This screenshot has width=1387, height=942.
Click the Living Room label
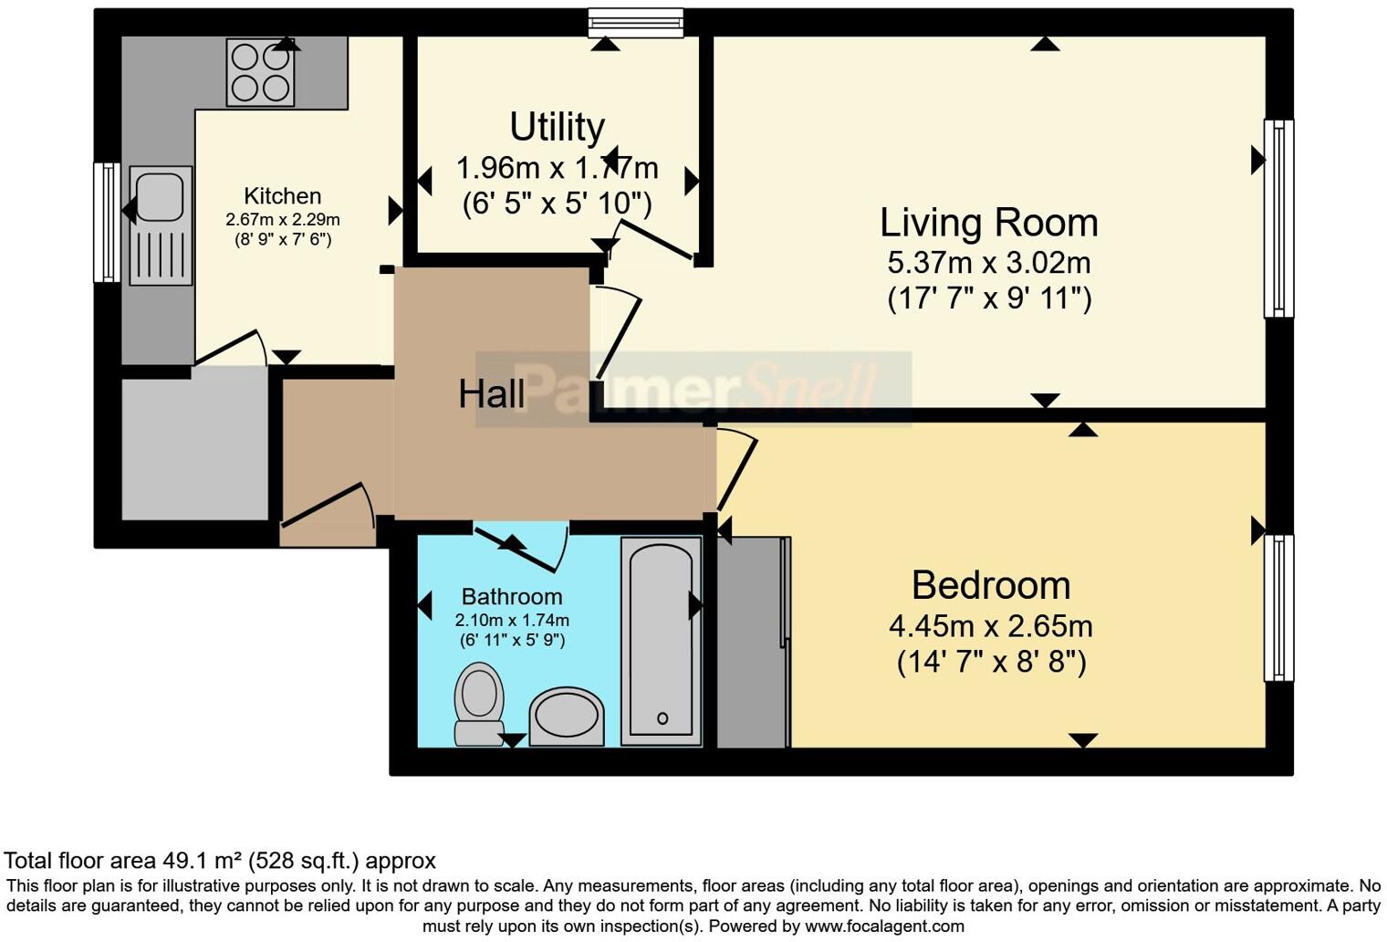[988, 223]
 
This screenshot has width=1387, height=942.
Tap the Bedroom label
[990, 585]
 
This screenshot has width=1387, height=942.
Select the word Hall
[491, 394]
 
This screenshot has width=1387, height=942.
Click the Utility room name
[557, 128]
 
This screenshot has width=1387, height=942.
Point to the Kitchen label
[283, 196]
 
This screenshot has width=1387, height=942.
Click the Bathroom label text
[511, 597]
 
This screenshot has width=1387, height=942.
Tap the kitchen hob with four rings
[260, 73]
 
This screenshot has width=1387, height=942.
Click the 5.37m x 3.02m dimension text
[988, 263]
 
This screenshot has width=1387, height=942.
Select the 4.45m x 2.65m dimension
[990, 626]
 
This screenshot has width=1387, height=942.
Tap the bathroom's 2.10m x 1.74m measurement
[511, 621]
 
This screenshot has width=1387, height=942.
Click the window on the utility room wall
[636, 22]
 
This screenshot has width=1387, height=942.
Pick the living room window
[1278, 218]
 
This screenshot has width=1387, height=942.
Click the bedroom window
[1278, 607]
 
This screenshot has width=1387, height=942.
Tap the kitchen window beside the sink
[108, 222]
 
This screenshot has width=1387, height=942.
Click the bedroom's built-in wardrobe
[754, 642]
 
